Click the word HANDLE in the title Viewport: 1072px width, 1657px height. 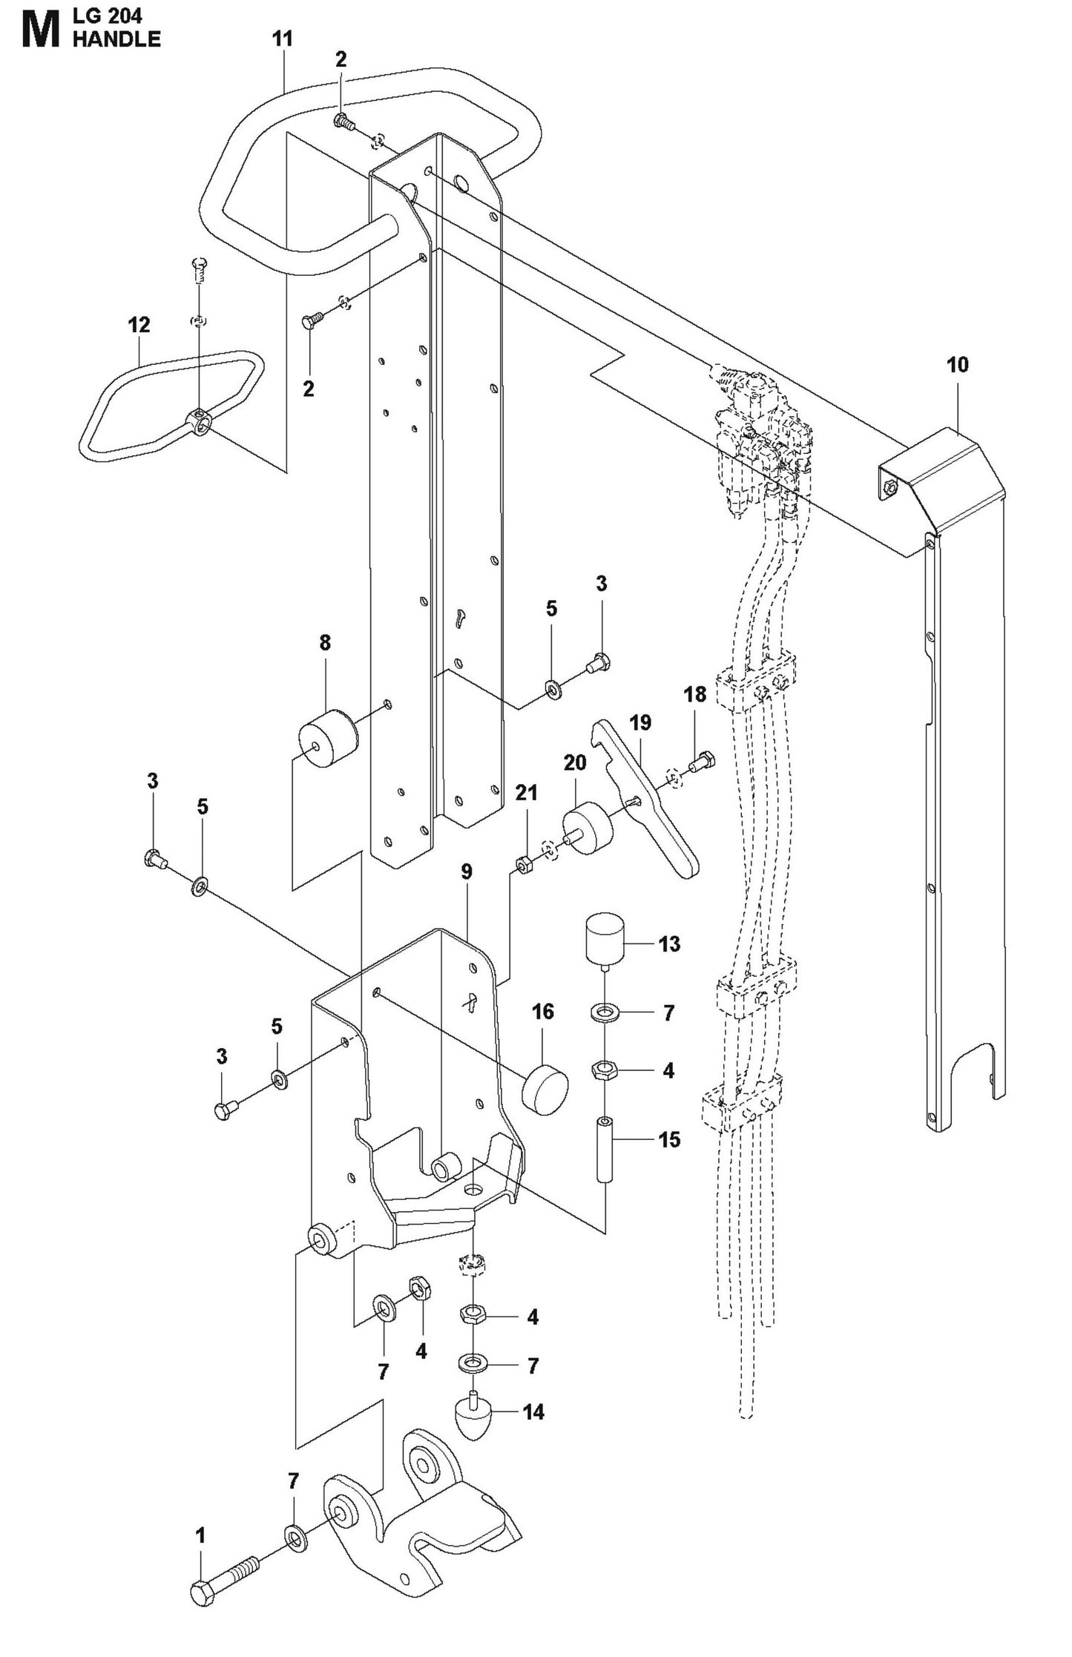116,39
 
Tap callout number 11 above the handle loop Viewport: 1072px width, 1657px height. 283,39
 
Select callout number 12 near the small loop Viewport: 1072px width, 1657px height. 139,325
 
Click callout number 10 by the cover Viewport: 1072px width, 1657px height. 957,364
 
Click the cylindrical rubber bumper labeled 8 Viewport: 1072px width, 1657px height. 328,738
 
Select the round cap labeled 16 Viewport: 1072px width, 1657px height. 545,1091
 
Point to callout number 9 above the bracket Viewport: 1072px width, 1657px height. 467,872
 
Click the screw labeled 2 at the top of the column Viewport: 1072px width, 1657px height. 343,121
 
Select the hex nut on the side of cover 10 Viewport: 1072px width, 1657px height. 891,487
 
